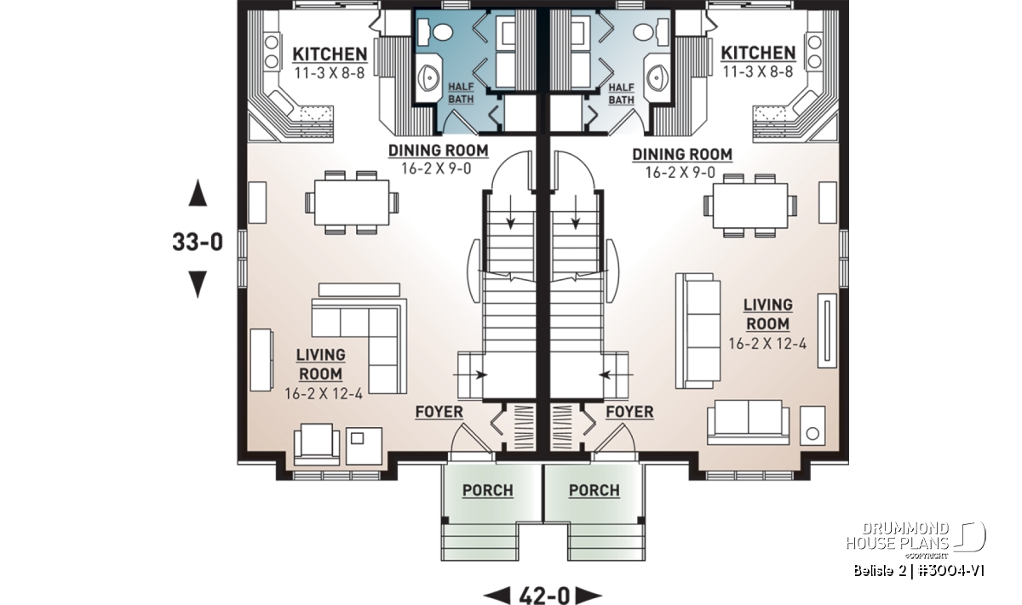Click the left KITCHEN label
click(x=330, y=54)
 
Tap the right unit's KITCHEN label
click(x=758, y=53)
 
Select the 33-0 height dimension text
click(x=198, y=242)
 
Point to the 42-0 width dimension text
click(x=545, y=596)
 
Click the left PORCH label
click(x=488, y=490)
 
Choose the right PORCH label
click(x=594, y=490)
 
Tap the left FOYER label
click(x=439, y=412)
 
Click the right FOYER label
click(x=629, y=412)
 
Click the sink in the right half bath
click(x=656, y=78)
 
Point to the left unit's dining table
click(x=352, y=203)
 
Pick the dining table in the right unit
click(x=750, y=205)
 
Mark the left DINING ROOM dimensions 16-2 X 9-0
click(x=436, y=168)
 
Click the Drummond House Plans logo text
click(x=898, y=536)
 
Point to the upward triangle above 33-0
click(x=198, y=192)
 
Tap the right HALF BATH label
click(x=622, y=94)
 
